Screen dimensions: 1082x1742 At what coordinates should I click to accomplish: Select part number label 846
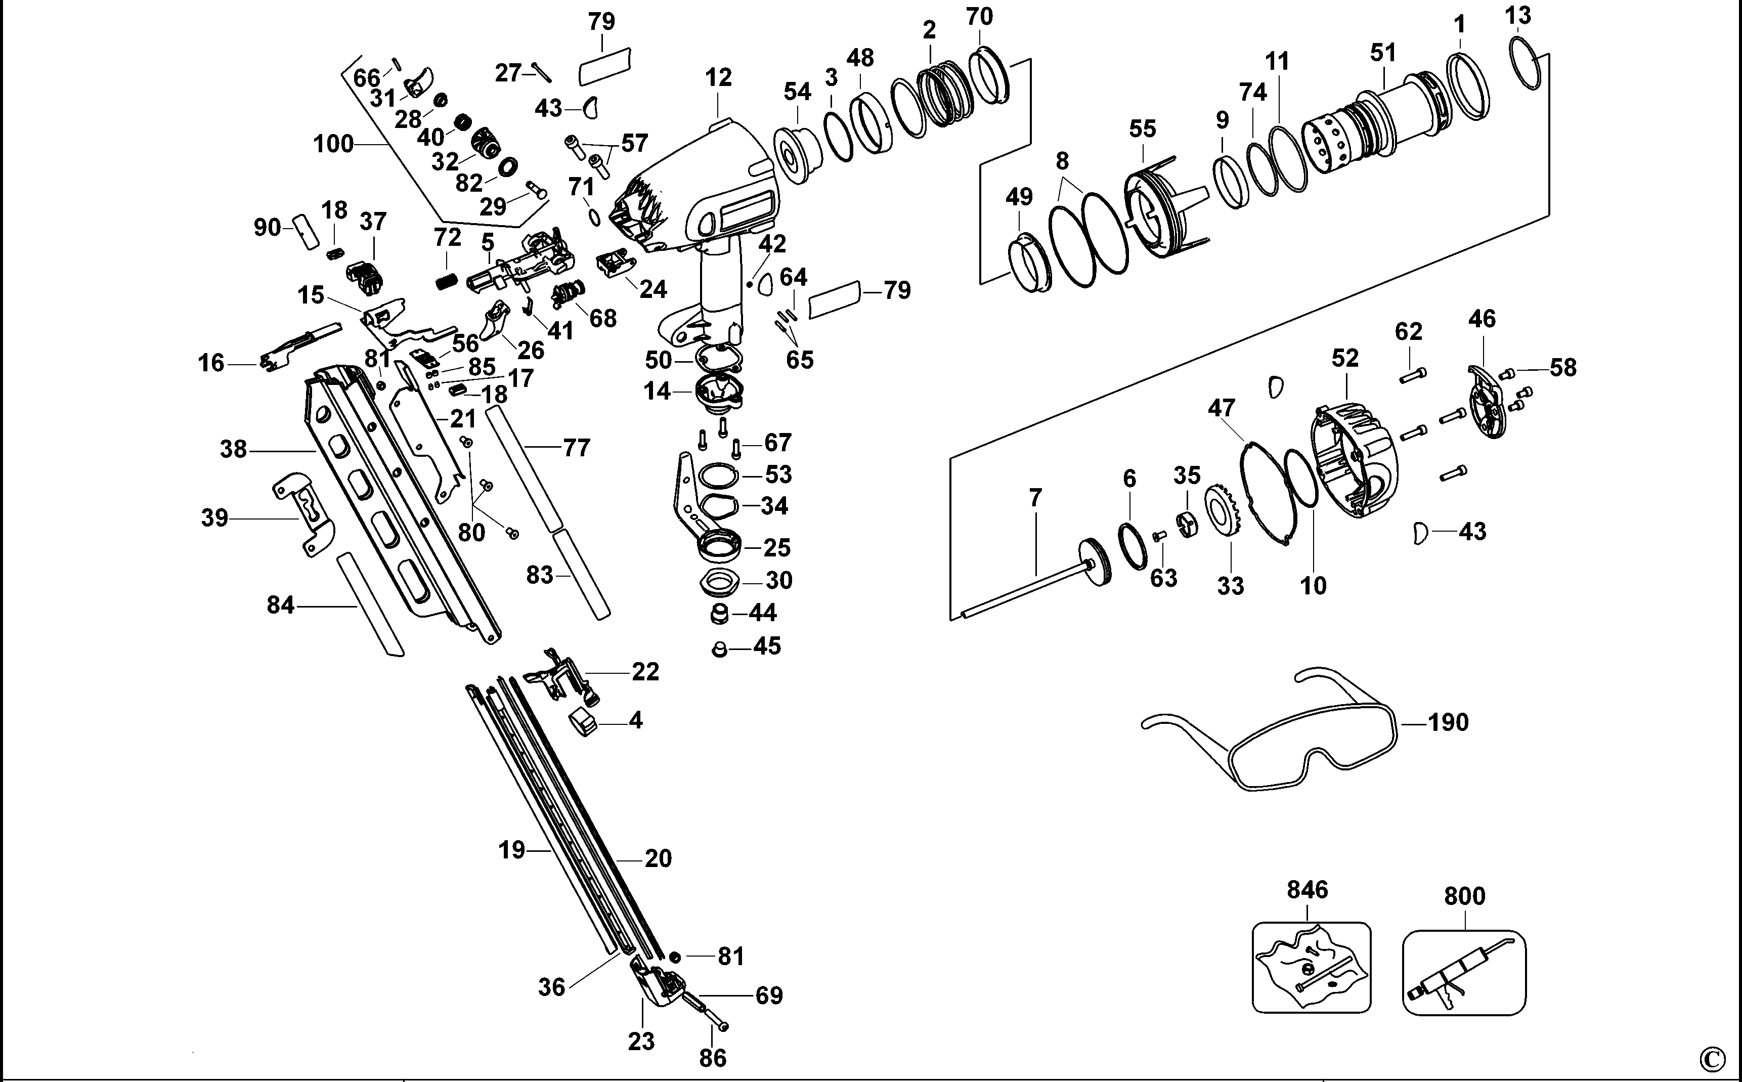(x=1307, y=889)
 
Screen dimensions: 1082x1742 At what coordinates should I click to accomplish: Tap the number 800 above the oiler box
(x=1464, y=896)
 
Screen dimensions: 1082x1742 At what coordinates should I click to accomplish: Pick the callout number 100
(x=333, y=144)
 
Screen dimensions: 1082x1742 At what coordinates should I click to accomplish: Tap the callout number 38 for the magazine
(x=233, y=449)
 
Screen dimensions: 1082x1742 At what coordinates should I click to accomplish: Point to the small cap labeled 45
(x=720, y=649)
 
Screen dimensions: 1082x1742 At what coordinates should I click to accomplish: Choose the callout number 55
(x=1143, y=129)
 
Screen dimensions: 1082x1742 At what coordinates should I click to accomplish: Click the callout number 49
(x=1019, y=196)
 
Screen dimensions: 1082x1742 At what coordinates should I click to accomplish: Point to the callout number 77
(x=576, y=448)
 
